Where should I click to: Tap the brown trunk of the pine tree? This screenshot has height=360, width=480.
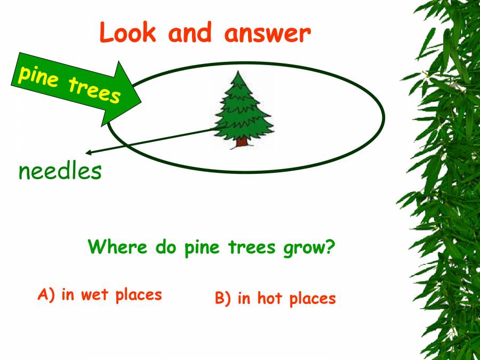(x=242, y=141)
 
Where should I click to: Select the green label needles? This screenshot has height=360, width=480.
(x=60, y=172)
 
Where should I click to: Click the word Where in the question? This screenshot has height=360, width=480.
(x=118, y=247)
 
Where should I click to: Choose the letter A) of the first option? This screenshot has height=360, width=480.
(x=46, y=294)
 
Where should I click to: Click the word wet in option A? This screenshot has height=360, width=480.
(x=94, y=294)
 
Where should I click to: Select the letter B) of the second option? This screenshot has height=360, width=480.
(x=223, y=299)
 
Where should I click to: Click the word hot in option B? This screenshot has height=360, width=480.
(x=269, y=298)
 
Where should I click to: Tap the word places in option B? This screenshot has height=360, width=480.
(x=313, y=299)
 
